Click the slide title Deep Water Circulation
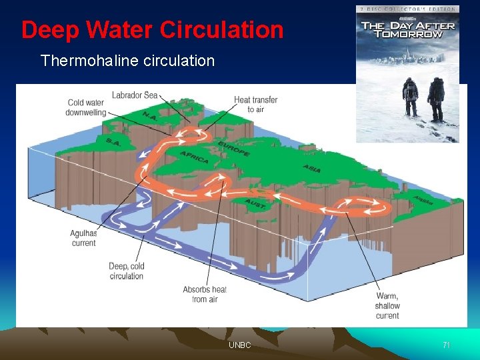click(152, 30)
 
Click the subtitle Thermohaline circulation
click(127, 61)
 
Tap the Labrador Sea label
click(135, 95)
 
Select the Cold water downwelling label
click(85, 107)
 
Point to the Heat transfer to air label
click(255, 105)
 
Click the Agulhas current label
click(83, 238)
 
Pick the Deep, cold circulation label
click(127, 271)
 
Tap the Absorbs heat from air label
click(205, 294)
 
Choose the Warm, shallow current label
click(387, 305)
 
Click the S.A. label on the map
click(113, 141)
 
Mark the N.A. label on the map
click(149, 117)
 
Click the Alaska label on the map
click(423, 199)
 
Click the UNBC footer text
click(240, 345)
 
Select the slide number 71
click(447, 345)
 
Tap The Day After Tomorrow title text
click(407, 30)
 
